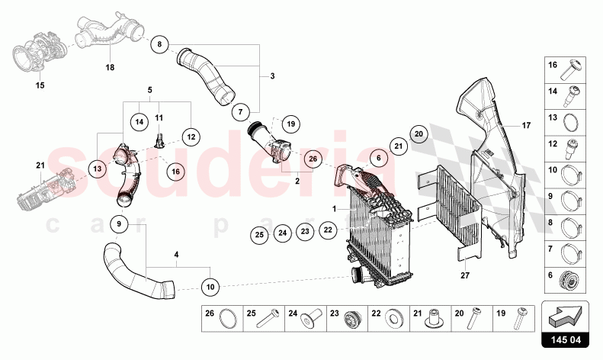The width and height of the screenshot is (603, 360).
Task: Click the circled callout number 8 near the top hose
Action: [x=159, y=44]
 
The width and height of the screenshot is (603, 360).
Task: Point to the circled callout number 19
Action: [x=290, y=123]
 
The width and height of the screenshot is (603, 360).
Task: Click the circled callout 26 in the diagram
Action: [x=311, y=159]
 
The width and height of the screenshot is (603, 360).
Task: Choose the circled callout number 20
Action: [x=418, y=133]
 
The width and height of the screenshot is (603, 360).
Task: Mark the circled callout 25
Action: [x=259, y=234]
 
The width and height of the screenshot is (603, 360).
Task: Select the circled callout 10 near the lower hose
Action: [x=210, y=287]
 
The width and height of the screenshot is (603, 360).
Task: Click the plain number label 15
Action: [x=40, y=85]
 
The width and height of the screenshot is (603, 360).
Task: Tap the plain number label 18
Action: [x=110, y=67]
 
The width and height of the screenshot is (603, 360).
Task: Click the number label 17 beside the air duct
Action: [x=524, y=125]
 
